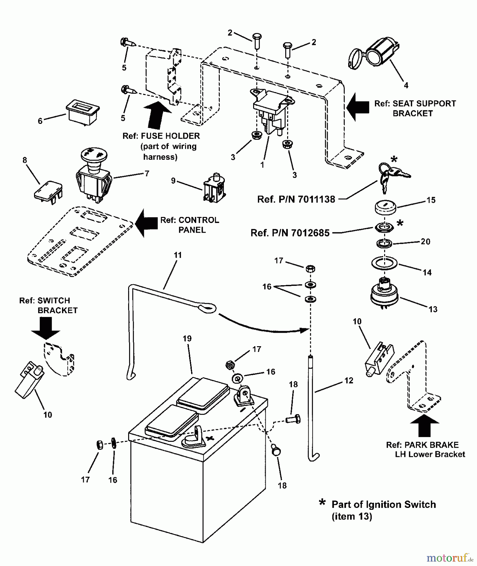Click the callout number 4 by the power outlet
[x=406, y=85]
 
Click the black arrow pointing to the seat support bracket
[x=358, y=107]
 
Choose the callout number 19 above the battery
[x=187, y=339]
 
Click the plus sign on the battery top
[x=209, y=438]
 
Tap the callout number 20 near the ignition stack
[x=425, y=241]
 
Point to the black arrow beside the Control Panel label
[x=146, y=223]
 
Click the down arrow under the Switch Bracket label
[x=46, y=328]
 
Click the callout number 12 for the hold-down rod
[x=349, y=380]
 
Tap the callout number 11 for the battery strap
[x=178, y=255]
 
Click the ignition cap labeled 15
[x=384, y=208]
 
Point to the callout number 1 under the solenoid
[x=262, y=164]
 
